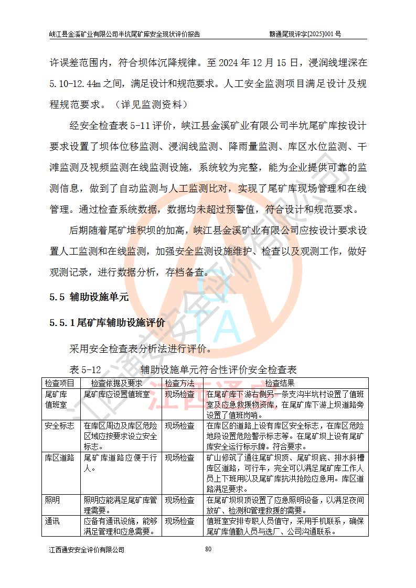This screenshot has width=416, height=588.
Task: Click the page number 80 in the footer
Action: coord(208,549)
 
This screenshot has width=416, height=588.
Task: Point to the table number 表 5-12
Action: coord(84,370)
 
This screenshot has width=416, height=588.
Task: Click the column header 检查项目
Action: coord(60,383)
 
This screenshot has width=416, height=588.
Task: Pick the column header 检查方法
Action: coord(179,383)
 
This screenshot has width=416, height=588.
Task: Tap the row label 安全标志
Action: coord(60,426)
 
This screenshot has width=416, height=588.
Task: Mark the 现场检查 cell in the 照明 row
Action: coord(179,500)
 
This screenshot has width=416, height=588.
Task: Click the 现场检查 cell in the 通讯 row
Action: coord(179,521)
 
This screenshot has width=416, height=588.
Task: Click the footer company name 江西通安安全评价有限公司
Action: coord(87,550)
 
